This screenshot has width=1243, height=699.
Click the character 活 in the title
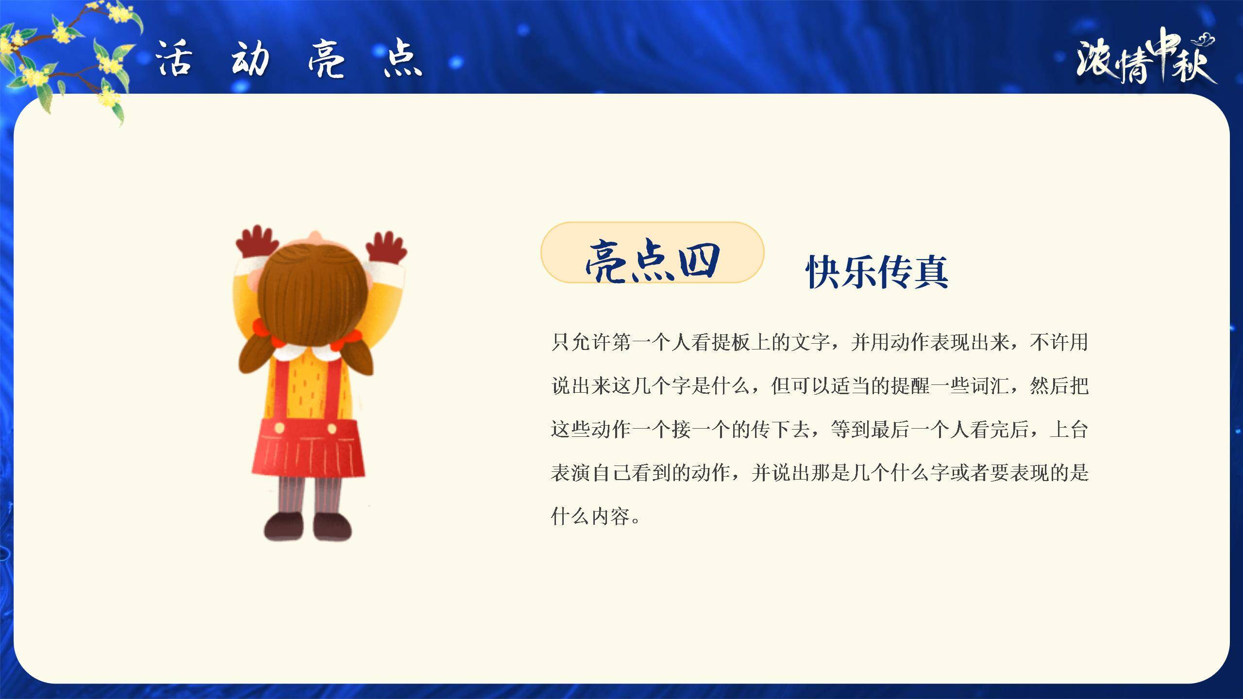coord(174,58)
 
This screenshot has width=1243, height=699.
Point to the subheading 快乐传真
coord(877,272)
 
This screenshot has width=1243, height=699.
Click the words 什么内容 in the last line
coord(590,516)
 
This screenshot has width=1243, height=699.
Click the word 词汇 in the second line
coord(989,386)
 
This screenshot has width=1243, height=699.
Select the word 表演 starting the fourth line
coord(571,473)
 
